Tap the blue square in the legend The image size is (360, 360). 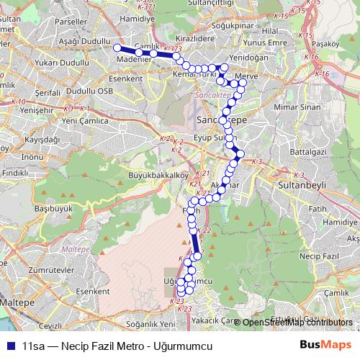pyautogui.click(x=11, y=345)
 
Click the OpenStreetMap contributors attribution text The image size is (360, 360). pyautogui.click(x=297, y=323)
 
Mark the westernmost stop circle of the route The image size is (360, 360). pyautogui.click(x=117, y=48)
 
